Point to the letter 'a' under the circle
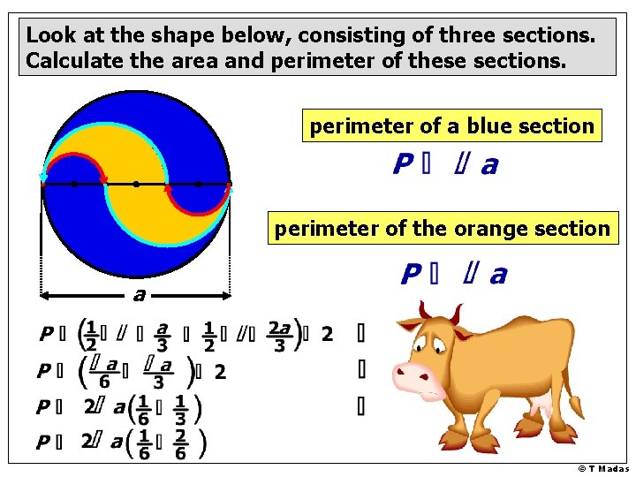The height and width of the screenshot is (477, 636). coord(137,293)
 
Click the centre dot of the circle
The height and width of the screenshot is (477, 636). coord(136,185)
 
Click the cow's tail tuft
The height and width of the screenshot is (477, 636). coord(578,409)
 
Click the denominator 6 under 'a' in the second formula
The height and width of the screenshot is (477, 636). coord(105,382)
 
